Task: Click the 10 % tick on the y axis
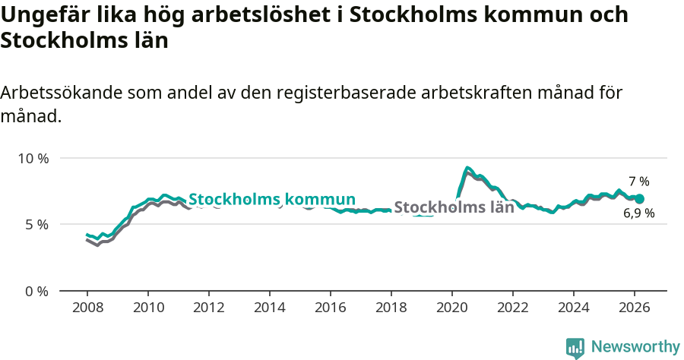[32, 159]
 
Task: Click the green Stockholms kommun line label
[272, 200]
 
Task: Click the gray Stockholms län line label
[454, 207]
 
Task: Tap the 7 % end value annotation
[639, 182]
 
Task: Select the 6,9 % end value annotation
[639, 214]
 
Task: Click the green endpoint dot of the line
[639, 199]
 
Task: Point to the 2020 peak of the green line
[468, 168]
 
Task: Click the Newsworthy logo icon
[575, 348]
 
